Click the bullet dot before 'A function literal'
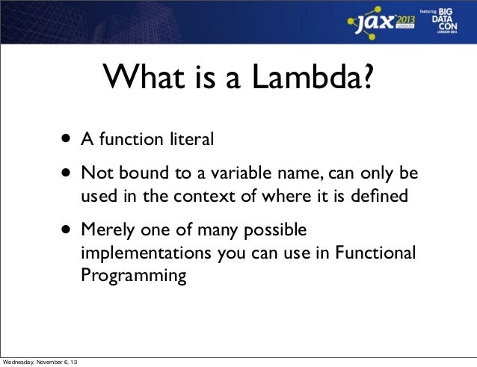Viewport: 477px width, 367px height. point(68,139)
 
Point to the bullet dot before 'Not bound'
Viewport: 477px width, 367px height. point(68,175)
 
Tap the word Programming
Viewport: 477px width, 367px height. point(134,276)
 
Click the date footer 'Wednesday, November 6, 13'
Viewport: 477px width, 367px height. point(43,363)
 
